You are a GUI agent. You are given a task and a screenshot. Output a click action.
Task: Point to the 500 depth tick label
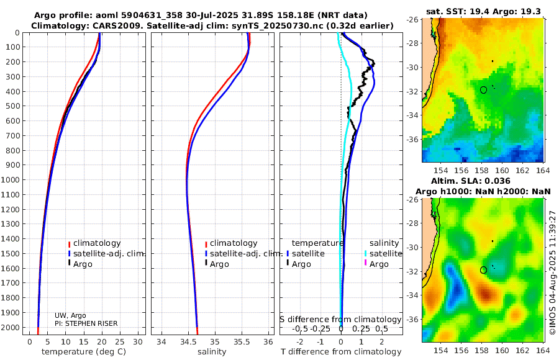(x=12, y=106)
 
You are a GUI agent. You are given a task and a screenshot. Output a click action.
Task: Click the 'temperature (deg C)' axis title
(x=84, y=351)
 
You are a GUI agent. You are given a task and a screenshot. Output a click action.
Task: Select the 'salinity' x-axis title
(x=212, y=351)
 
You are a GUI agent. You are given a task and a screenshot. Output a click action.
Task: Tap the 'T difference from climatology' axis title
(x=341, y=351)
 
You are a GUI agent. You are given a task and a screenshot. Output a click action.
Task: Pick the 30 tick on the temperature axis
(x=138, y=341)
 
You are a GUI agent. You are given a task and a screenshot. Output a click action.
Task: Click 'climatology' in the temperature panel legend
(x=97, y=243)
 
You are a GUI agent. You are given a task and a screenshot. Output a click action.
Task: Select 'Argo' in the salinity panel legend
(x=219, y=264)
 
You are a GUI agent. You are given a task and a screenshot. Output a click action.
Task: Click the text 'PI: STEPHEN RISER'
(x=86, y=323)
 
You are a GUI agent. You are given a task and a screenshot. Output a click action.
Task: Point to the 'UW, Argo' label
(x=70, y=315)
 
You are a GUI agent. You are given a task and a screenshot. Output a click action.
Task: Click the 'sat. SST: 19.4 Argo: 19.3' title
(x=483, y=11)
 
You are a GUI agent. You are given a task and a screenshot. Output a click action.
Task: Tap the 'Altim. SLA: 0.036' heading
(x=471, y=181)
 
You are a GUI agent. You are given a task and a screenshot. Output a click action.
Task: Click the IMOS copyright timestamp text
(x=553, y=272)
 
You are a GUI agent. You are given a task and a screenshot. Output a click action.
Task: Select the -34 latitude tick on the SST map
(x=413, y=115)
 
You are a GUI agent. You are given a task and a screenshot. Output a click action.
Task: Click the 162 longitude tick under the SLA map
(x=522, y=350)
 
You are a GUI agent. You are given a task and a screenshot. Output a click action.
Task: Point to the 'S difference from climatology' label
(x=340, y=319)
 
